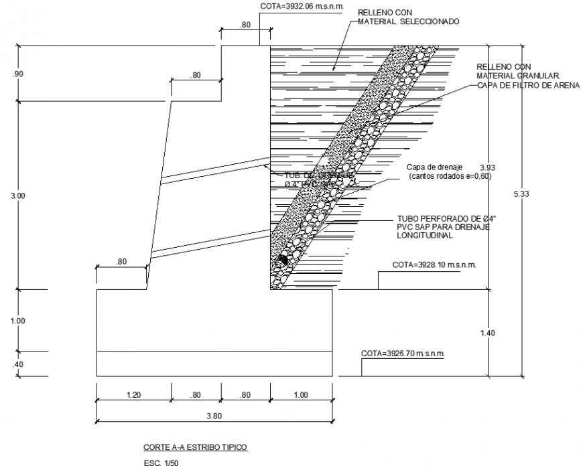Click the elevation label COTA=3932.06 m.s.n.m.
point(302,6)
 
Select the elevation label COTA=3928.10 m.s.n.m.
point(434,265)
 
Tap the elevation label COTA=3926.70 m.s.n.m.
point(403,353)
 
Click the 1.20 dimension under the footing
point(133,395)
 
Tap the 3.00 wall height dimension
point(18,196)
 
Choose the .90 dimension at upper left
point(18,74)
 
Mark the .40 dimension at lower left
point(18,364)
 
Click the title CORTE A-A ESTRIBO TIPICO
point(196,447)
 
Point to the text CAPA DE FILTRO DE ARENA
point(528,85)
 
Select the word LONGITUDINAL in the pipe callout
point(424,236)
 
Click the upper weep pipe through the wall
point(214,170)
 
